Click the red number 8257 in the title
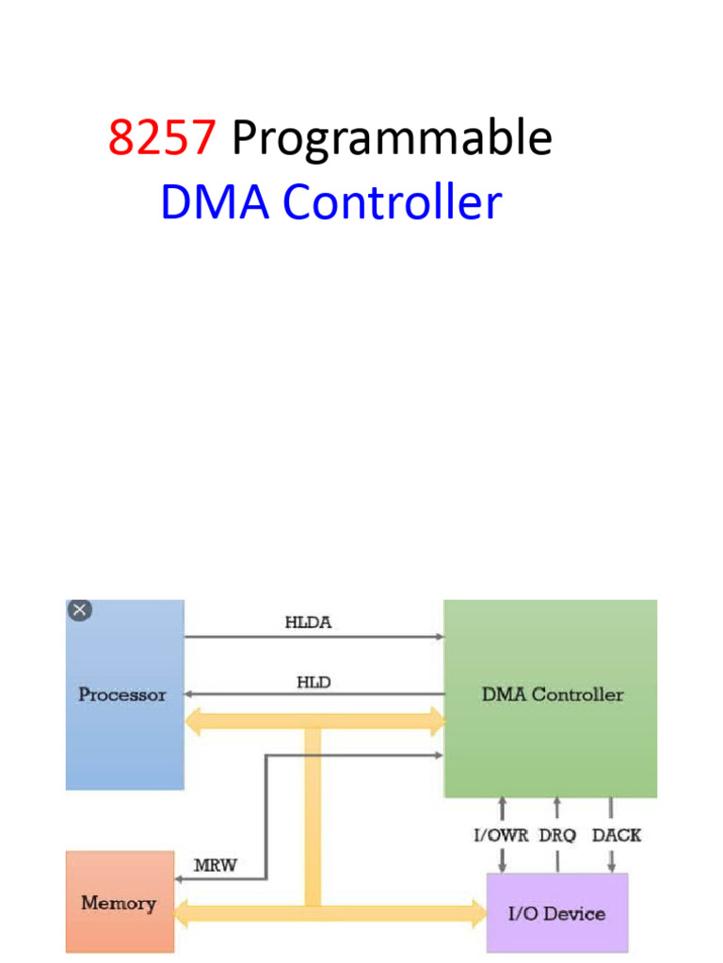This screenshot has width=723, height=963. (x=162, y=138)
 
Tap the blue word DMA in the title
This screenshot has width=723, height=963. (x=217, y=203)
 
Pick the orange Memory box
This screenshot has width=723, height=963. (x=120, y=903)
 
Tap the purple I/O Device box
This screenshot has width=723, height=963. (x=556, y=913)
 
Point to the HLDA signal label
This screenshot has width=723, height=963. (x=309, y=622)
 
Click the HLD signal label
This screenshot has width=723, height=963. (x=313, y=683)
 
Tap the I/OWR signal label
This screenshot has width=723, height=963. (x=501, y=834)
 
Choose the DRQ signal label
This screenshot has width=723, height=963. (x=557, y=834)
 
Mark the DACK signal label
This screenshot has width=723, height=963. (x=616, y=834)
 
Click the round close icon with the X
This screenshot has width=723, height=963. (x=80, y=610)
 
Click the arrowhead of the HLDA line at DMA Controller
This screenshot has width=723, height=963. (x=440, y=637)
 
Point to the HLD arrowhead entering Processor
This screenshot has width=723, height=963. (x=189, y=695)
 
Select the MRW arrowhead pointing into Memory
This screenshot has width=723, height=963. (x=179, y=880)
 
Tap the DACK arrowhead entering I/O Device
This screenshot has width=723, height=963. (x=612, y=867)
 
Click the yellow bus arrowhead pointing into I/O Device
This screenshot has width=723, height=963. (x=477, y=911)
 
